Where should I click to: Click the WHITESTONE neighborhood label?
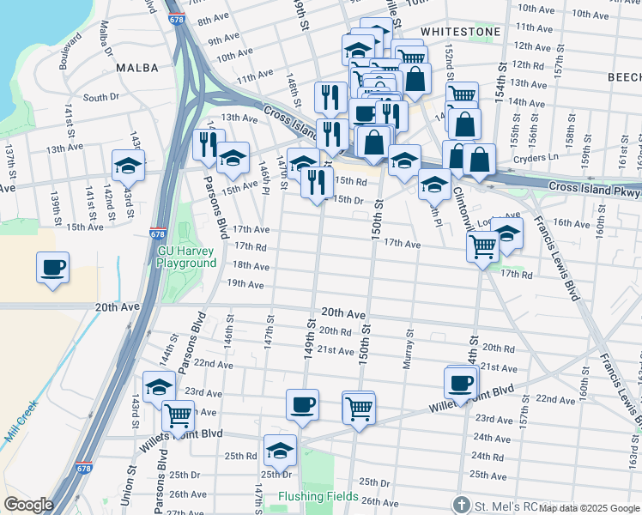[x=460, y=31]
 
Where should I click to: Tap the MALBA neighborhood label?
[x=137, y=67]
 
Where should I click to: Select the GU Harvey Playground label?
[x=187, y=257]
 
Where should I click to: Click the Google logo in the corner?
[x=28, y=505]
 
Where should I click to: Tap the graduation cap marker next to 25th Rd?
[x=280, y=449]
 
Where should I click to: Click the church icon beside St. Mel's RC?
[x=461, y=504]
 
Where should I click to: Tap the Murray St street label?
[x=409, y=351]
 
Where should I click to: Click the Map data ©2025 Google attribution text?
[x=589, y=508]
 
